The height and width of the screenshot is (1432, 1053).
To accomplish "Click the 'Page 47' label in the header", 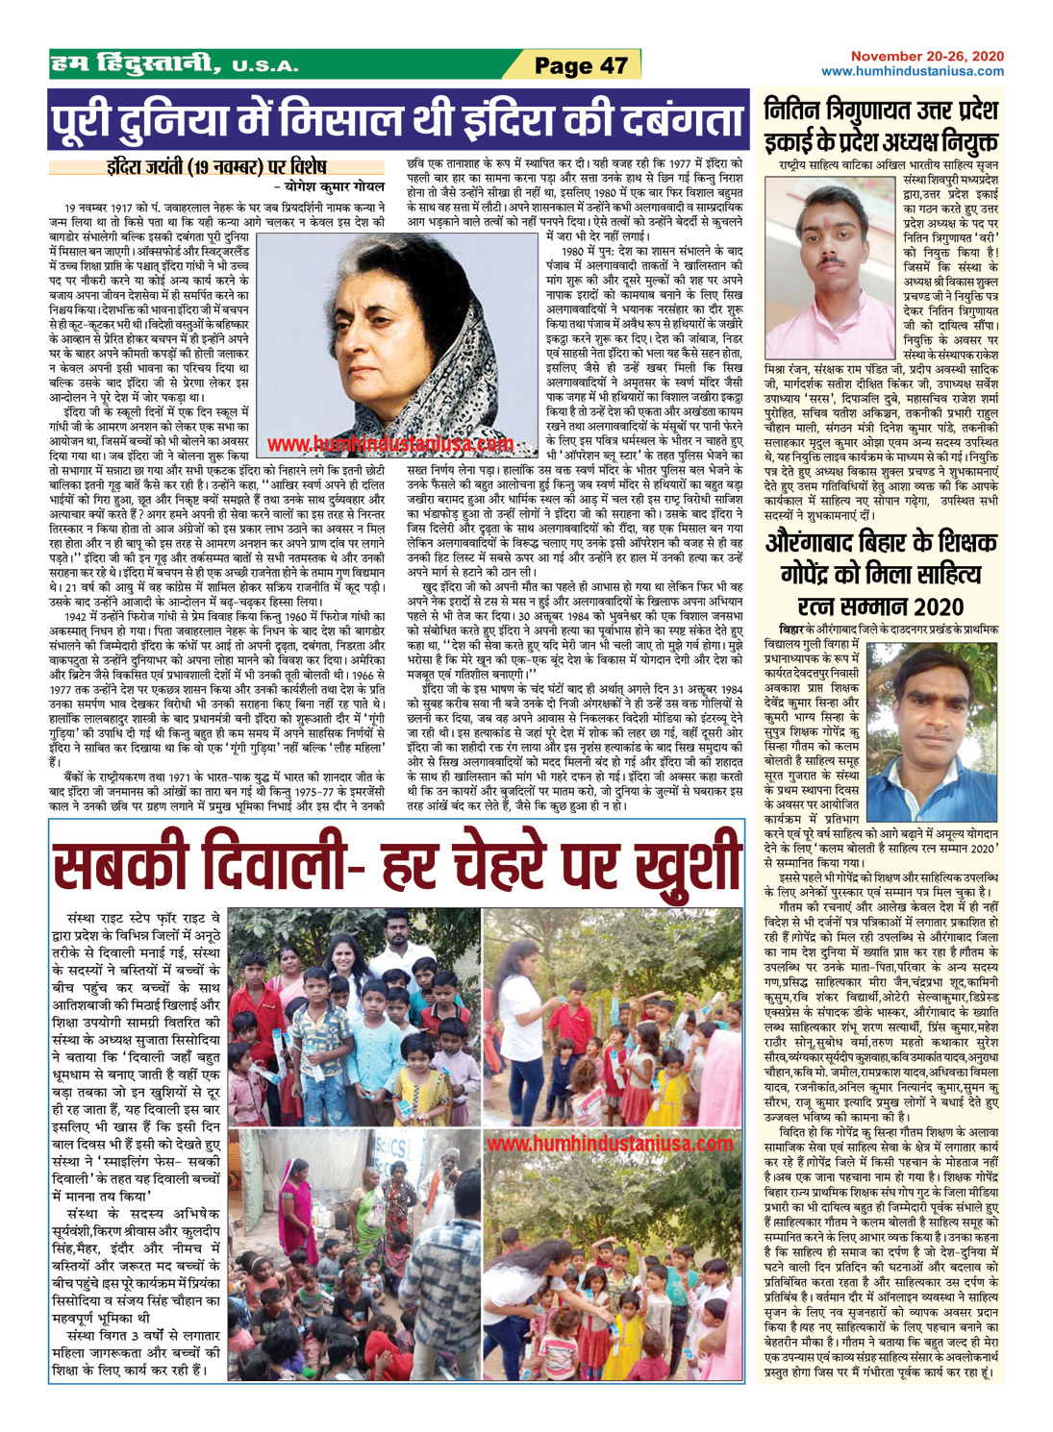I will click(x=581, y=65).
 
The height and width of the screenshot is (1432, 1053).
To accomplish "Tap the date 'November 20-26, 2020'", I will click(x=927, y=57).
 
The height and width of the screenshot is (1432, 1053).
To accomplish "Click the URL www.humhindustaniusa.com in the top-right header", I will click(x=913, y=71).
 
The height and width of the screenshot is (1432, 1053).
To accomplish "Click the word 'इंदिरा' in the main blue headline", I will click(x=500, y=121).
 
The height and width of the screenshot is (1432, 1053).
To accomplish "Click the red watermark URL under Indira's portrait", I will click(x=390, y=444).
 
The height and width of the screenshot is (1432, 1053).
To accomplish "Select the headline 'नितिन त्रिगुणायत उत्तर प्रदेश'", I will click(x=881, y=108).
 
